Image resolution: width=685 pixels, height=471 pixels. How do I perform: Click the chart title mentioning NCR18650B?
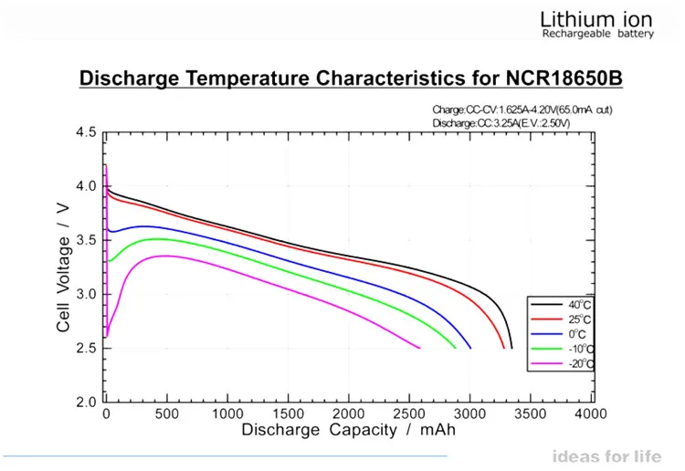[351, 78]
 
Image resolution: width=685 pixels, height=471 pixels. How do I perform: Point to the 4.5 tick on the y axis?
[85, 132]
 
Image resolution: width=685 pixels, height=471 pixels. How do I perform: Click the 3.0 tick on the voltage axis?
[85, 294]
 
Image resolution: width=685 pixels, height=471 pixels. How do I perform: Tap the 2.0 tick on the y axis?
[85, 402]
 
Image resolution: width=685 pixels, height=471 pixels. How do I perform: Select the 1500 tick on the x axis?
[289, 414]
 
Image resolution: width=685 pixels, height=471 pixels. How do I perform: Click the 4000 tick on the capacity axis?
[591, 414]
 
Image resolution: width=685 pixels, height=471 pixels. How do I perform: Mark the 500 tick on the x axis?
[167, 414]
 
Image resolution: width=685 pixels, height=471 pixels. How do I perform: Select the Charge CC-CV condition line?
[522, 110]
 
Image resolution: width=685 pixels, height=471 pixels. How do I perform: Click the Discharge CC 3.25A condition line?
[501, 122]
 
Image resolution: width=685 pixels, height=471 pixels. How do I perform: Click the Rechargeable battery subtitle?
[597, 34]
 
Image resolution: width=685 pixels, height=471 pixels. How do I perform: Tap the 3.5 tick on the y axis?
[85, 240]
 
